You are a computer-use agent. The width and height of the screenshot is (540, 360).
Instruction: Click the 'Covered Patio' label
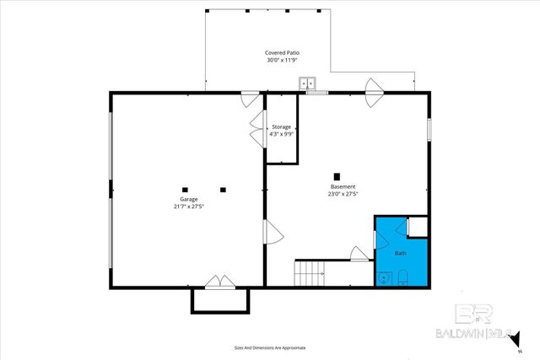tap(283, 53)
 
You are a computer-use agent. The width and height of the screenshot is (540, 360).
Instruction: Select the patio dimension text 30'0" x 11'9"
tap(283, 60)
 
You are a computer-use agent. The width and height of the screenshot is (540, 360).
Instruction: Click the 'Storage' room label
tap(281, 126)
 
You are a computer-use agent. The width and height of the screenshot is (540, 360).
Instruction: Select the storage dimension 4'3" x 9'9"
tap(281, 133)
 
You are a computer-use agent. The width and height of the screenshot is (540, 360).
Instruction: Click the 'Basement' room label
tap(343, 186)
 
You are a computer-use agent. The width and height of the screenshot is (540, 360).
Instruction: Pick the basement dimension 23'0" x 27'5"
tap(343, 193)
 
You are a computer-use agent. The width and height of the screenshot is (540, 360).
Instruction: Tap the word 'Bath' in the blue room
tap(401, 253)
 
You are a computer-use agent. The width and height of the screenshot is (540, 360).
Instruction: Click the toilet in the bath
tap(403, 277)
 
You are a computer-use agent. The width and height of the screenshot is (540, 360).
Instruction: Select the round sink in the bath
tap(385, 277)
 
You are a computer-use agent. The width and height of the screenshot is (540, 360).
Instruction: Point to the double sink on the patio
tap(310, 83)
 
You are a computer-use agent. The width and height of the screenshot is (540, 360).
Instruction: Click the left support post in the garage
tap(184, 189)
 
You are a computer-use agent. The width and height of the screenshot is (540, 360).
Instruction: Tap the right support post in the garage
tap(224, 189)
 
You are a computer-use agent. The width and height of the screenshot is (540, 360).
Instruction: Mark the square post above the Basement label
tap(336, 175)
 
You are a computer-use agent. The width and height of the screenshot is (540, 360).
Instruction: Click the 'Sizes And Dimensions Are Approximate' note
tap(270, 347)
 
